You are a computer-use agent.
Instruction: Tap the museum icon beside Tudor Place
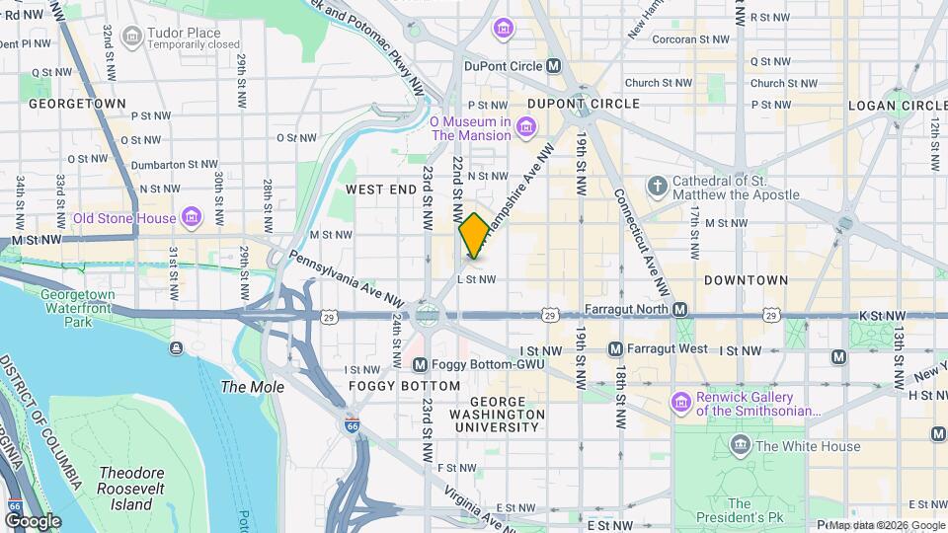(x=130, y=37)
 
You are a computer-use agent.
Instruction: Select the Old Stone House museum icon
(x=192, y=217)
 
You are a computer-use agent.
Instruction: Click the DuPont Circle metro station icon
(x=554, y=66)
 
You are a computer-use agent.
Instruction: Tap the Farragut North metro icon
(x=680, y=310)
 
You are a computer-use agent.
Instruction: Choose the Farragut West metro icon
(x=615, y=348)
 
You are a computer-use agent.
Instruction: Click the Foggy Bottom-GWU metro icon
(x=420, y=364)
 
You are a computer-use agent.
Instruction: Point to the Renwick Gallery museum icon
(x=679, y=403)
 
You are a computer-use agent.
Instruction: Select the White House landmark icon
(x=740, y=446)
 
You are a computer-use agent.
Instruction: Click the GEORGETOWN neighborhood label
(x=77, y=103)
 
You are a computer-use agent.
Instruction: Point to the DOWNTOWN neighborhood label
(x=746, y=280)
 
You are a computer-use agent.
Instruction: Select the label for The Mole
(x=252, y=387)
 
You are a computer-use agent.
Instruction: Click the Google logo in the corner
(x=34, y=520)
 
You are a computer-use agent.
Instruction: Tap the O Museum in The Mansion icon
(x=526, y=127)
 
